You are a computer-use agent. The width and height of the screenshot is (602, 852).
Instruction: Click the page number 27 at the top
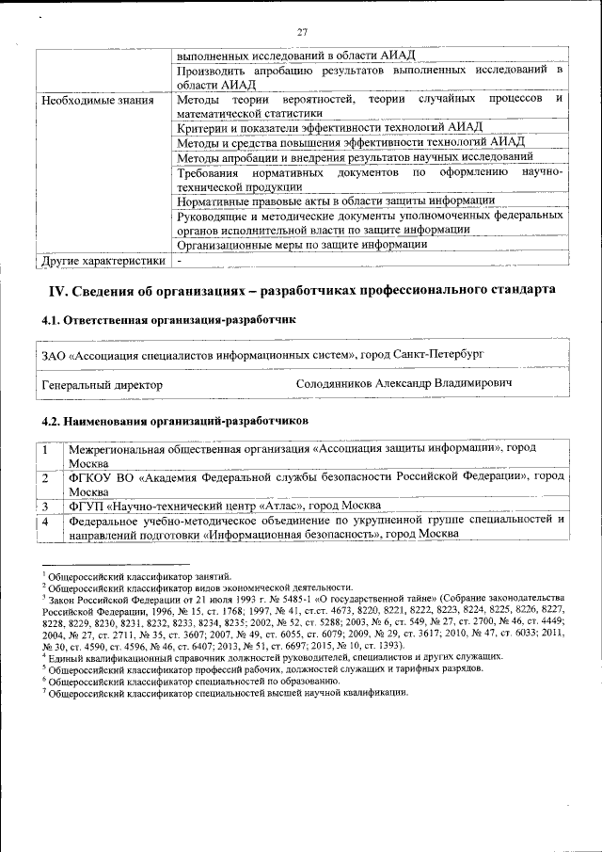pyautogui.click(x=303, y=33)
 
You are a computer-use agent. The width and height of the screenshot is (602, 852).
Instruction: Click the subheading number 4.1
pyautogui.click(x=53, y=320)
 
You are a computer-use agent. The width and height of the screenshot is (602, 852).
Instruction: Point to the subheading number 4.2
pyautogui.click(x=53, y=420)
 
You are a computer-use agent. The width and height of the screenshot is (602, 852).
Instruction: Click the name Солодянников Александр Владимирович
pyautogui.click(x=404, y=385)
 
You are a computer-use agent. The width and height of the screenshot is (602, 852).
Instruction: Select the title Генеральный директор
pyautogui.click(x=103, y=385)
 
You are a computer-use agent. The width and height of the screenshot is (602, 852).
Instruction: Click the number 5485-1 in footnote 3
pyautogui.click(x=247, y=599)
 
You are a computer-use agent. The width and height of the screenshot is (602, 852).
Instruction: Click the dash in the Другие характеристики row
pyautogui.click(x=180, y=260)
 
